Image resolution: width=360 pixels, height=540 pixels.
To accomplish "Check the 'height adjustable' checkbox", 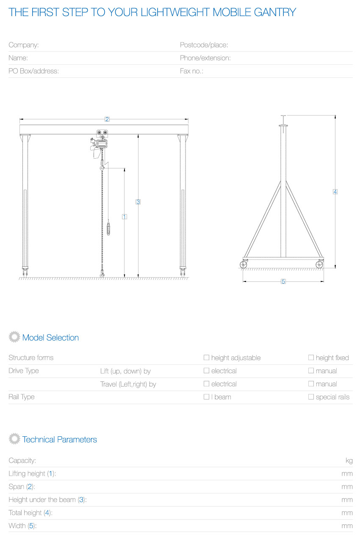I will [206, 358].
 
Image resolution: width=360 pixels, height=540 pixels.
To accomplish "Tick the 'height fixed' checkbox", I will [311, 358].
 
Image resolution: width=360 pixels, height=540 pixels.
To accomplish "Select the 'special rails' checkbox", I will [311, 397].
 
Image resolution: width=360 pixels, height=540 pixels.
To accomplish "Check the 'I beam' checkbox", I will [206, 397].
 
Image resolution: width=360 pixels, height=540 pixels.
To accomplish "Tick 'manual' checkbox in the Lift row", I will [311, 371].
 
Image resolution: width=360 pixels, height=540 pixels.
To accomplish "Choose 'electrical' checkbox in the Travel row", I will [206, 384].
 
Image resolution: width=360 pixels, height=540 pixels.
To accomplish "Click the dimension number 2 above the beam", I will [107, 119].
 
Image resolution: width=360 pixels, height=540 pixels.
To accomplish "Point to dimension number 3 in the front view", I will [138, 202].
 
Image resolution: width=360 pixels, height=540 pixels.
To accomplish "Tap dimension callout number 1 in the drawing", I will [125, 216].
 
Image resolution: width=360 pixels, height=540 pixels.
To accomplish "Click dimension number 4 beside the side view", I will [335, 192].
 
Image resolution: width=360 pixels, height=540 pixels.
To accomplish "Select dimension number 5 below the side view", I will [283, 281].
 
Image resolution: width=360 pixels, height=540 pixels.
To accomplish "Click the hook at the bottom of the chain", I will [102, 275].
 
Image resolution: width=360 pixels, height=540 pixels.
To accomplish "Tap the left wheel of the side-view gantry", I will [244, 264].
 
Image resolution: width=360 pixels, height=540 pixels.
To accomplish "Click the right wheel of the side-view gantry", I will [319, 264].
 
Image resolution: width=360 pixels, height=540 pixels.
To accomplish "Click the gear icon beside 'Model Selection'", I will [14, 337].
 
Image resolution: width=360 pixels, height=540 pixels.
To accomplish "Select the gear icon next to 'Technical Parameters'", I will [14, 439].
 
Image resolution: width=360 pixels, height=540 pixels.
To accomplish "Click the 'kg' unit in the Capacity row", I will [349, 460].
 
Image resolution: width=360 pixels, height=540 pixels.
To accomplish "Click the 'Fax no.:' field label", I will [191, 71].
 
